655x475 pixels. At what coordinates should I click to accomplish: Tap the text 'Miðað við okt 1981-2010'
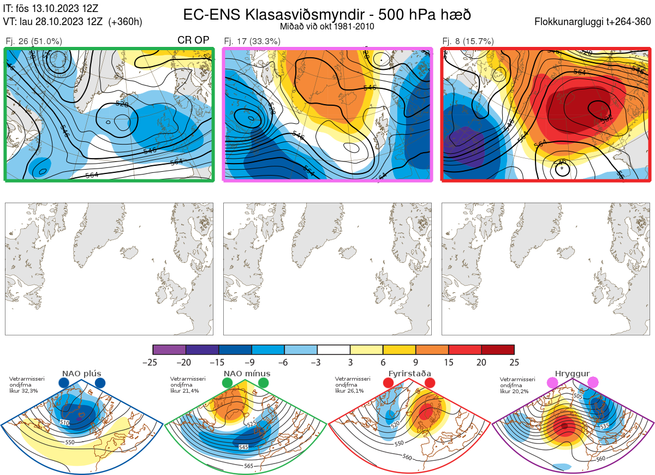[x=327, y=26]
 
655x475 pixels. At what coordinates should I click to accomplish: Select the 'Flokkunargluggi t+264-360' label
[x=594, y=22]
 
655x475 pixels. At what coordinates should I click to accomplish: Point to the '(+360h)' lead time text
[x=126, y=22]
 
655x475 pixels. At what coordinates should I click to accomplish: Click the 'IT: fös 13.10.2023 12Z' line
[x=51, y=9]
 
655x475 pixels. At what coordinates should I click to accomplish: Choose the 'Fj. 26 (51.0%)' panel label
[x=33, y=41]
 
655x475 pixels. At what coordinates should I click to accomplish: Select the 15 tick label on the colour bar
[x=449, y=362]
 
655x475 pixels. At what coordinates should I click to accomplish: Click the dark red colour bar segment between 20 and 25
[x=498, y=350]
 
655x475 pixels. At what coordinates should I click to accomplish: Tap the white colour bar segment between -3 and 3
[x=334, y=350]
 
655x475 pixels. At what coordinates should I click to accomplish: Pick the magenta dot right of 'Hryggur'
[x=593, y=383]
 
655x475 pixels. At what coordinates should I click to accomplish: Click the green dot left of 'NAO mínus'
[x=227, y=383]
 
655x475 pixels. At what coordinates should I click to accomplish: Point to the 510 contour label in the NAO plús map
[x=65, y=423]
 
